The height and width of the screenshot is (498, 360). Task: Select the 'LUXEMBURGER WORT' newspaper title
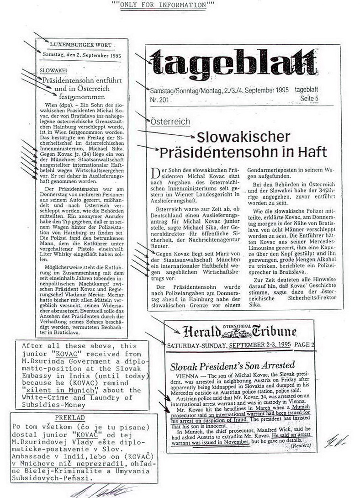[79, 46]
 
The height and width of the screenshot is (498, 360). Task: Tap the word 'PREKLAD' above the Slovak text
[71, 418]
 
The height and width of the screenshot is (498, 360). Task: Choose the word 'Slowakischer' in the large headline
[243, 137]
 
